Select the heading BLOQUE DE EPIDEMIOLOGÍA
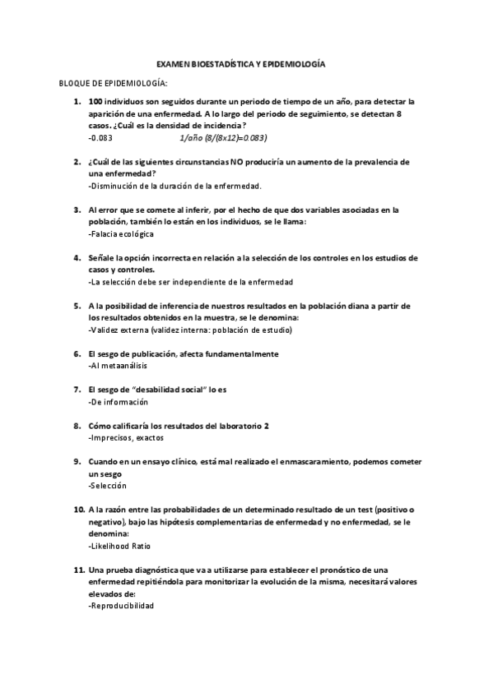pos(114,84)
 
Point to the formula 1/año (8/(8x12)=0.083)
pos(222,138)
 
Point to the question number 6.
pos(77,353)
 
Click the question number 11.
pos(78,570)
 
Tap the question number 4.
pos(77,258)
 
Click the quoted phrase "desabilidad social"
pos(170,390)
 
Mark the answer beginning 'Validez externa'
pos(189,330)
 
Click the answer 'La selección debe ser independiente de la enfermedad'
pos(190,282)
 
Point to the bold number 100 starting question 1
pos(96,102)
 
